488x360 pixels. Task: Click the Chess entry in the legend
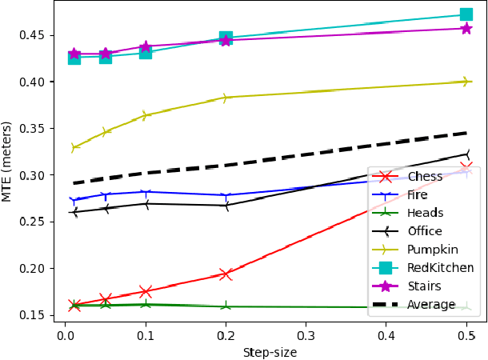coord(426,177)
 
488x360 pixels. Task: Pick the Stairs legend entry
coord(423,286)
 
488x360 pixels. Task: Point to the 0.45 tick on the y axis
coord(37,35)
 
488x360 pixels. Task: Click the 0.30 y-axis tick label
coord(37,175)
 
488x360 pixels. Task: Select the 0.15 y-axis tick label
coord(37,315)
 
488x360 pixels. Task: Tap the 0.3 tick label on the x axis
coord(306,337)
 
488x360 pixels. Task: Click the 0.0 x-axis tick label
coord(66,337)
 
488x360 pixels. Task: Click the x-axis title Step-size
coord(270,351)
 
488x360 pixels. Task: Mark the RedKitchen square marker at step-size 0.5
coord(466,14)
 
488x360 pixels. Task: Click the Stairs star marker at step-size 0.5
coord(466,29)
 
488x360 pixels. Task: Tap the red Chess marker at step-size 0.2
coord(226,274)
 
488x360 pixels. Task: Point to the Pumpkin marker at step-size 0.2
coord(226,98)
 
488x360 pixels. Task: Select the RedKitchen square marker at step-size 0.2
coord(226,38)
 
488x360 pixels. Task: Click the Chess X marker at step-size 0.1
coord(146,292)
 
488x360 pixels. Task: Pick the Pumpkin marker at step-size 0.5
coord(466,82)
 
